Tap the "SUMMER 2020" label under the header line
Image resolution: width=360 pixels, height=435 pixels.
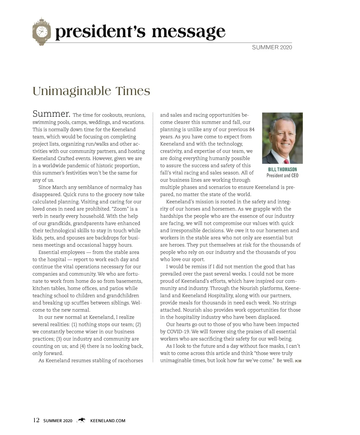[x=272, y=47]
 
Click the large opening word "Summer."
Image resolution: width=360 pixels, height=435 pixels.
[x=51, y=114]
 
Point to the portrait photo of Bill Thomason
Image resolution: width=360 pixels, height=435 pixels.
[x=282, y=138]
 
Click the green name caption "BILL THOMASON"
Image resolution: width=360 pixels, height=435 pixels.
[x=282, y=169]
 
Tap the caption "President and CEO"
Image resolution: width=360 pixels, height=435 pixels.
[x=282, y=176]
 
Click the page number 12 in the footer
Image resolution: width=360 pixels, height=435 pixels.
[x=36, y=420]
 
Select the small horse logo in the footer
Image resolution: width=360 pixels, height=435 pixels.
[x=81, y=421]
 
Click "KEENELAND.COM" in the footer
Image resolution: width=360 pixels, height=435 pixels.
[x=108, y=421]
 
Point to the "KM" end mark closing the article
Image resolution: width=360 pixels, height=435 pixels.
[x=298, y=361]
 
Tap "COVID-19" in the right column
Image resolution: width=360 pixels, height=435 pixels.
[x=178, y=332]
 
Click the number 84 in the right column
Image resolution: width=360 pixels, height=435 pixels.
[x=252, y=130]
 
